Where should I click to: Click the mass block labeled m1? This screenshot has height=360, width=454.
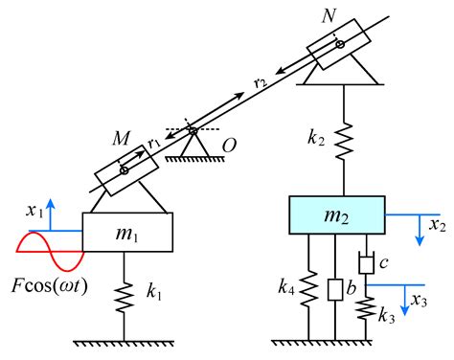click(x=127, y=234)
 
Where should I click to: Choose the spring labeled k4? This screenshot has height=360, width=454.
click(x=309, y=286)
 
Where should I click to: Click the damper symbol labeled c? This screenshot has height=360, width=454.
click(x=365, y=260)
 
